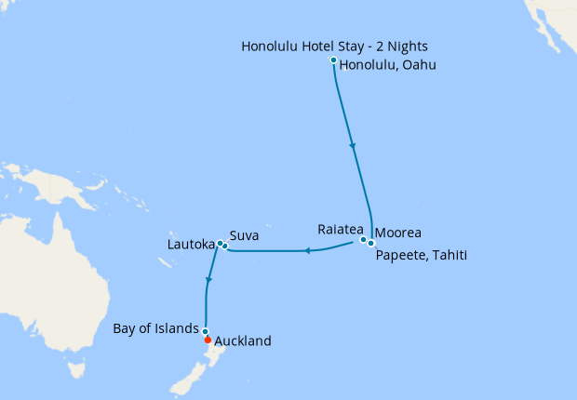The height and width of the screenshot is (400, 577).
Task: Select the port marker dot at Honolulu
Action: (334, 60)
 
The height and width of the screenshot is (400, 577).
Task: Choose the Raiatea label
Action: (341, 228)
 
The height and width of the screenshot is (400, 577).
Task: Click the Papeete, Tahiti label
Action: (421, 252)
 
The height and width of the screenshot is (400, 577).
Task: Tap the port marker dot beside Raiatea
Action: (363, 240)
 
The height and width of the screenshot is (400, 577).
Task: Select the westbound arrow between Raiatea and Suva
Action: (305, 249)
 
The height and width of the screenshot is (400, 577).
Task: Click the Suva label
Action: (244, 235)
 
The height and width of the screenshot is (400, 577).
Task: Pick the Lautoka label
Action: (190, 246)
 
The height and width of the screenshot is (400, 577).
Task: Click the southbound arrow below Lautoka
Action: (209, 280)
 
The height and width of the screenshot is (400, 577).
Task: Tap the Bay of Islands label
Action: (155, 328)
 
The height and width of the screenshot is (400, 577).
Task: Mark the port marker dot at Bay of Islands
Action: (205, 331)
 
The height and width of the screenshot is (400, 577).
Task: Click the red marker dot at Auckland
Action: (207, 340)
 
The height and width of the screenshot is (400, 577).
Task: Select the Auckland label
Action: (243, 341)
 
